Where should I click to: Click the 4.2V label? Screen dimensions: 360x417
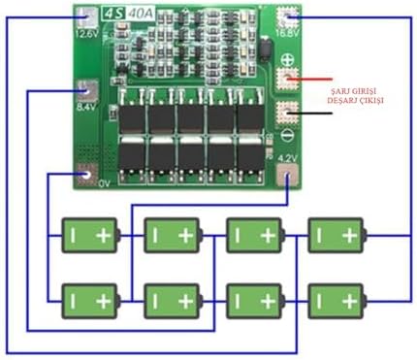(286, 157)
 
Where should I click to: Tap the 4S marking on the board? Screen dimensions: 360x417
(88, 14)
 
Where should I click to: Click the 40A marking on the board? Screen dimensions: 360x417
(112, 14)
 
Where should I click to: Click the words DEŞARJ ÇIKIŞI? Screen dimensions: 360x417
(361, 100)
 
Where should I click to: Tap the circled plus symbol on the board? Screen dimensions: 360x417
(287, 59)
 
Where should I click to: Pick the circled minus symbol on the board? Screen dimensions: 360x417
(287, 132)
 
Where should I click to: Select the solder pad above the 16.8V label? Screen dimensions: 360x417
(287, 16)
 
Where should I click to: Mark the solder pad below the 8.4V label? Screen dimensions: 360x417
(88, 94)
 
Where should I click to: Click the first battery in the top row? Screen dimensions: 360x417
(89, 235)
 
